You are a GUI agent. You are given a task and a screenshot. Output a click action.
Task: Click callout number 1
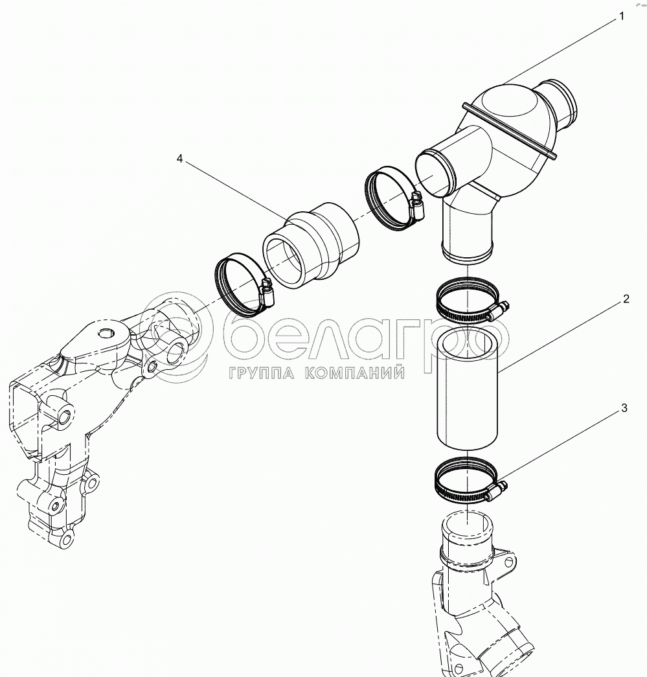click(622, 16)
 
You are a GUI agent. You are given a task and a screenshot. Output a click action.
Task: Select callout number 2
click(626, 299)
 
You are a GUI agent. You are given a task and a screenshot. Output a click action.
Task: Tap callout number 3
click(624, 408)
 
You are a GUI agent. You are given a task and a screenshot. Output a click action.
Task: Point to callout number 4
click(179, 157)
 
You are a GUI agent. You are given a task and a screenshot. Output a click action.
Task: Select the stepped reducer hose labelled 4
click(311, 247)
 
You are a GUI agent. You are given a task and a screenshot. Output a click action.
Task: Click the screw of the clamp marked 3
click(498, 491)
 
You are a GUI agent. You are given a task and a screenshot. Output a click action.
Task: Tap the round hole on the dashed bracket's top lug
click(106, 334)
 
